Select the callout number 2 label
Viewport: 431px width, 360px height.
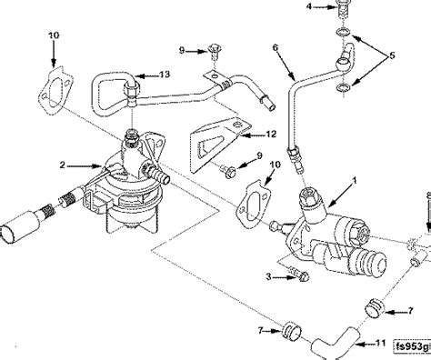click(x=61, y=165)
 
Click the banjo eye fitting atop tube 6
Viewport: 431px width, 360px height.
click(x=343, y=62)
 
